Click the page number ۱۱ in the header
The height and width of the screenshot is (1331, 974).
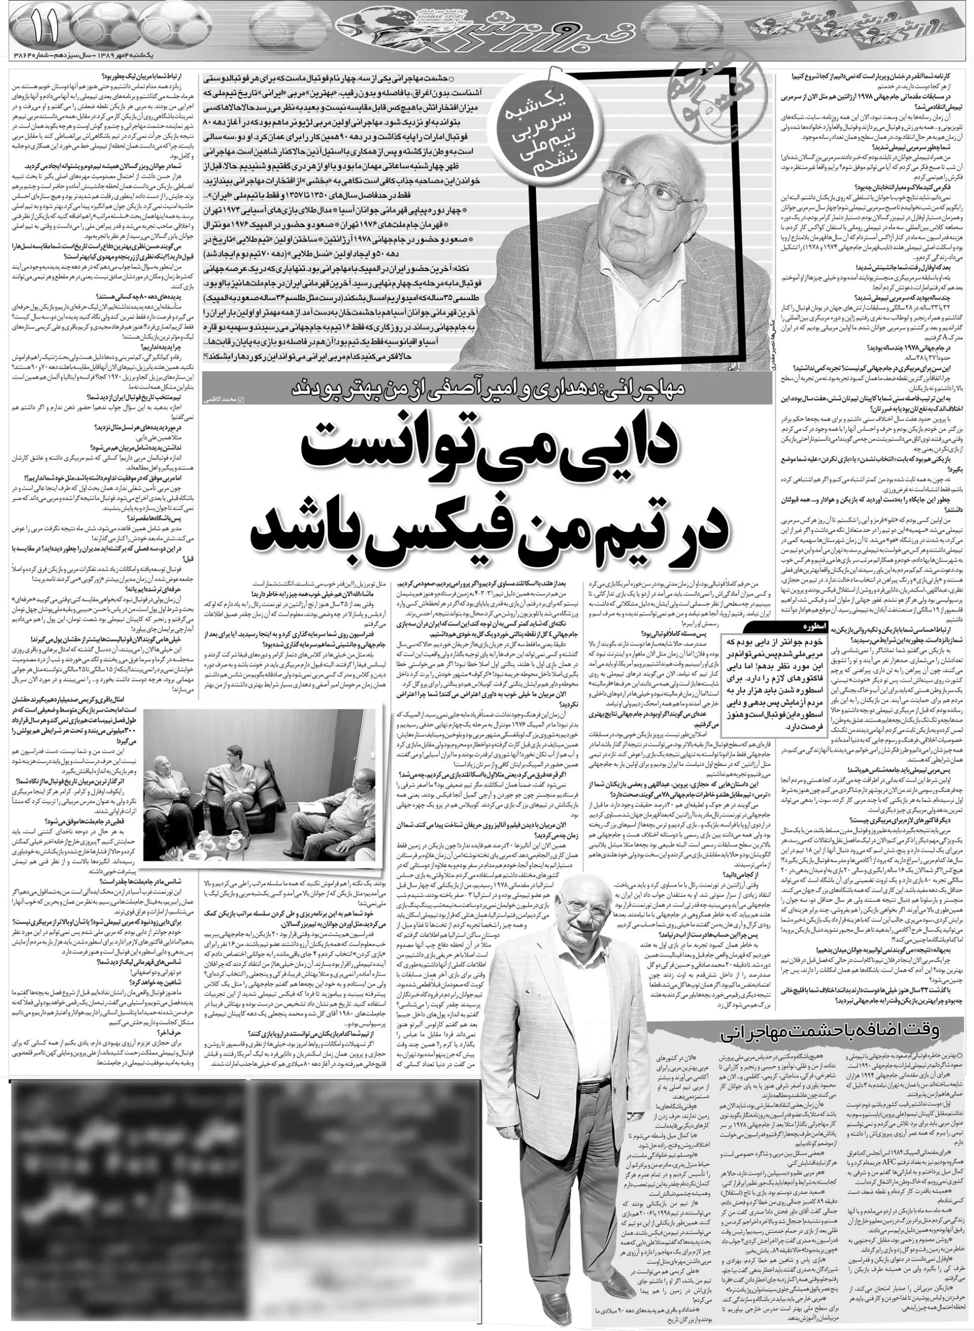44,28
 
